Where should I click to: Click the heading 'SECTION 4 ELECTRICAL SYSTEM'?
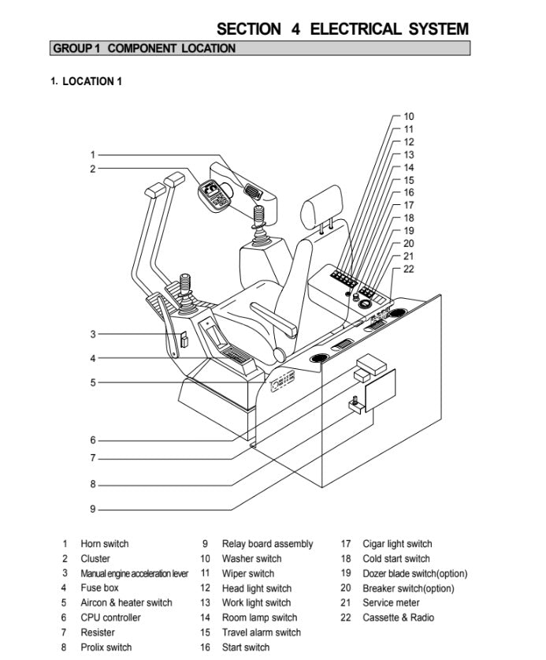[342, 29]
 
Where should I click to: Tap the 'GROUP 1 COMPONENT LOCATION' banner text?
[144, 49]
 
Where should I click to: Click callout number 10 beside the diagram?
[408, 116]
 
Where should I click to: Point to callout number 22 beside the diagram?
[408, 269]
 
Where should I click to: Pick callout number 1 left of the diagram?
[92, 155]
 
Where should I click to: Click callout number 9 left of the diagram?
[92, 509]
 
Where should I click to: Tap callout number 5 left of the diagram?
[92, 382]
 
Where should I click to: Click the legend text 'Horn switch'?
[104, 544]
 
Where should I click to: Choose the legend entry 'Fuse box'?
[99, 588]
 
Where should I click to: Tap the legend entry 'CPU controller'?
[110, 617]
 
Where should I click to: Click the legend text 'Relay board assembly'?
[267, 544]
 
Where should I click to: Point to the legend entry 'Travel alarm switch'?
[261, 632]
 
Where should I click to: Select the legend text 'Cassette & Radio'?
[398, 617]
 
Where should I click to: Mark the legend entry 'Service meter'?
[391, 603]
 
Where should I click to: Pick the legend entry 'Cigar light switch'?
[397, 544]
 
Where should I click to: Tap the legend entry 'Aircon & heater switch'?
[126, 603]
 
